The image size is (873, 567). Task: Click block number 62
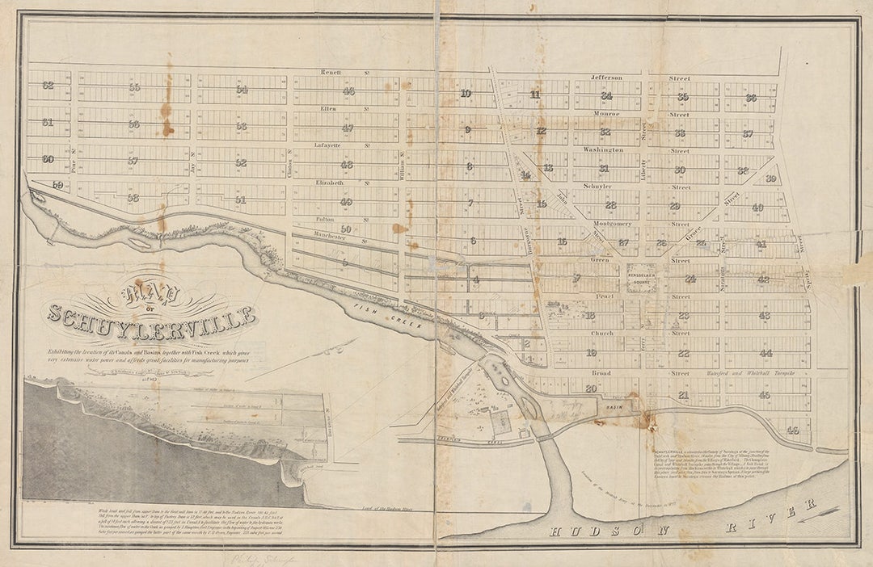pyautogui.click(x=48, y=85)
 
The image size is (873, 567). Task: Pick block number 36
pyautogui.click(x=751, y=98)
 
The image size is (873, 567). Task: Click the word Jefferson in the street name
pyautogui.click(x=606, y=78)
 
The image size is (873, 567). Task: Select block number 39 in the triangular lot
pyautogui.click(x=770, y=178)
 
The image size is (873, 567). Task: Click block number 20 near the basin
pyautogui.click(x=591, y=388)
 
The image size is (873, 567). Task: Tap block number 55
pyautogui.click(x=134, y=87)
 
